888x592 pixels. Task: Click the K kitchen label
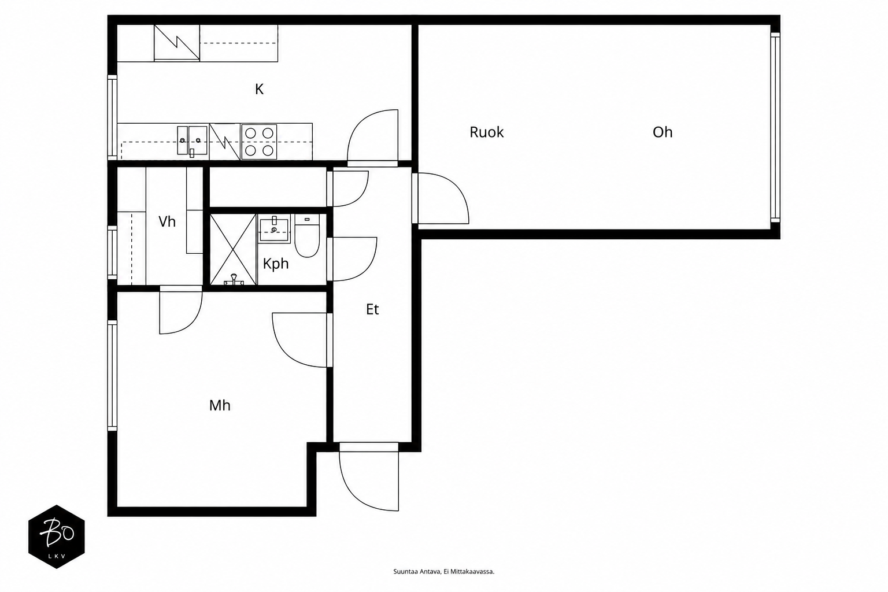259,89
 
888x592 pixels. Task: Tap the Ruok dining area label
486,132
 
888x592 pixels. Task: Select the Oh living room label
663,132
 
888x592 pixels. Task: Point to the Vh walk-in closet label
167,221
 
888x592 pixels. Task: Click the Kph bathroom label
276,264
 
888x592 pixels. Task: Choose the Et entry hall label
372,309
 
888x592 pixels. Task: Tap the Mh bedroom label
220,405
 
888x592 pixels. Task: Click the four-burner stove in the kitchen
259,142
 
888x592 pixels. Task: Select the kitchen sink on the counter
193,140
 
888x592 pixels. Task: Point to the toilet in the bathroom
307,236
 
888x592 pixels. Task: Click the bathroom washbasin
274,228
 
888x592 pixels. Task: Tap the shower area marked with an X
233,249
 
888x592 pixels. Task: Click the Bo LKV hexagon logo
56,536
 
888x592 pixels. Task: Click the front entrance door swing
369,477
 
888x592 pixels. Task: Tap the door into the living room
441,198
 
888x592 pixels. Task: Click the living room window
775,127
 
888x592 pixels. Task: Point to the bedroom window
112,376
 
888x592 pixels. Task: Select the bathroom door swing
352,259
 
